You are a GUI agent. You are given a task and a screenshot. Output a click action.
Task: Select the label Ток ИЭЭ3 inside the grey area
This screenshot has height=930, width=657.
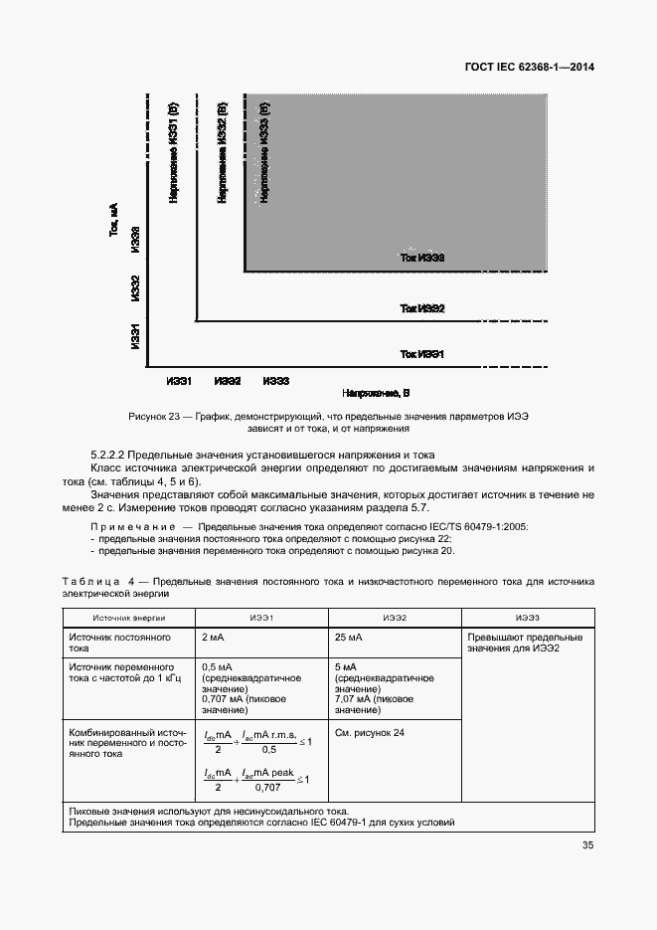point(421,258)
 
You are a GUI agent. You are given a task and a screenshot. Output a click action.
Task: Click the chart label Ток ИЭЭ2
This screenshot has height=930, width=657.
point(421,309)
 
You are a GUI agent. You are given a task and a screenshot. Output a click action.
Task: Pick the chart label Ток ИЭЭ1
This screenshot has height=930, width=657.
point(421,354)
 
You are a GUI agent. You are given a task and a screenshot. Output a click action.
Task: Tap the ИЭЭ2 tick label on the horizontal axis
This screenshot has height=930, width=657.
point(228,381)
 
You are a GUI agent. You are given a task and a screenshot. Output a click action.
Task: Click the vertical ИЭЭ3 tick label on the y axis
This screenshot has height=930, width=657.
point(135,246)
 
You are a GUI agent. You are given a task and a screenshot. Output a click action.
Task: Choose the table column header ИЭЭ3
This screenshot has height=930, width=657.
point(528,618)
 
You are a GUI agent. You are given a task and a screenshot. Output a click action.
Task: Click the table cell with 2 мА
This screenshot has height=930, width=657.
point(212,637)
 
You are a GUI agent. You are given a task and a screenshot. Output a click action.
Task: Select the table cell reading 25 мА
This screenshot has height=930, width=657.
point(348,637)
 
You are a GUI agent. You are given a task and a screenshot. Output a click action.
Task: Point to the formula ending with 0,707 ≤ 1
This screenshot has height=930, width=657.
point(256,778)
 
